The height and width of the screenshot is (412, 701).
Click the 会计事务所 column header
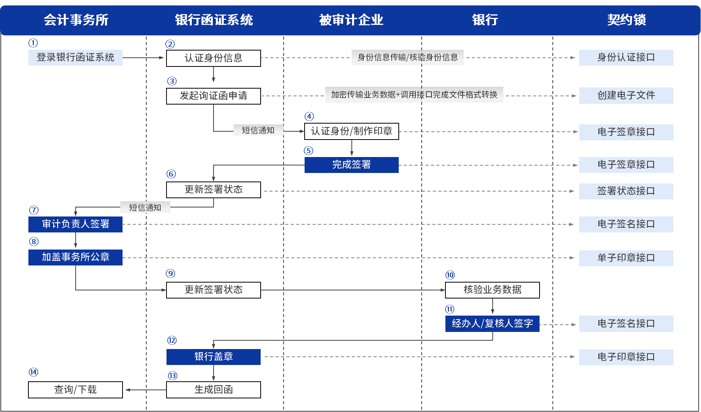pyautogui.click(x=76, y=20)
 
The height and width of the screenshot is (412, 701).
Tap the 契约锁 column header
pyautogui.click(x=626, y=20)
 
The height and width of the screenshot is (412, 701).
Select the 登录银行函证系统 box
pyautogui.click(x=75, y=58)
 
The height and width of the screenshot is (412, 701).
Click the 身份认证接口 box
pyautogui.click(x=626, y=58)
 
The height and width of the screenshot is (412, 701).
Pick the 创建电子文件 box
pyautogui.click(x=626, y=95)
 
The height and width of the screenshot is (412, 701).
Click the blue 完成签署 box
pyautogui.click(x=351, y=165)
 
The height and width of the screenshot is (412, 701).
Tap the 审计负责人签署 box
pyautogui.click(x=75, y=224)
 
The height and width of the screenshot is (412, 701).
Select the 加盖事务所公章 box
pyautogui.click(x=75, y=257)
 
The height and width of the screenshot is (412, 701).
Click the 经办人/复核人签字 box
pyautogui.click(x=492, y=323)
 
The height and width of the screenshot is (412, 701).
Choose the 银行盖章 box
pyautogui.click(x=213, y=357)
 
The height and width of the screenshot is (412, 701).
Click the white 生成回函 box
pyautogui.click(x=213, y=389)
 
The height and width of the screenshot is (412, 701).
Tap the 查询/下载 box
pyautogui.click(x=75, y=389)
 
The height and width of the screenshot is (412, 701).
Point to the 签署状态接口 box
pyautogui.click(x=626, y=191)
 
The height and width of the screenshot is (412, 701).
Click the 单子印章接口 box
pyautogui.click(x=626, y=258)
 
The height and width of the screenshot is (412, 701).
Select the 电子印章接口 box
pyautogui.click(x=626, y=357)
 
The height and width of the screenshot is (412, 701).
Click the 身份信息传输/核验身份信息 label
pyautogui.click(x=407, y=58)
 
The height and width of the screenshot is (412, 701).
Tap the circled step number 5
pyautogui.click(x=308, y=151)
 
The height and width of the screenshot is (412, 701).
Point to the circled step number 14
pyautogui.click(x=33, y=372)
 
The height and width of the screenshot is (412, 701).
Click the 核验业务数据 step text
pyautogui.click(x=492, y=290)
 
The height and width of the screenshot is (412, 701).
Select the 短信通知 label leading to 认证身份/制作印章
pyautogui.click(x=258, y=130)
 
